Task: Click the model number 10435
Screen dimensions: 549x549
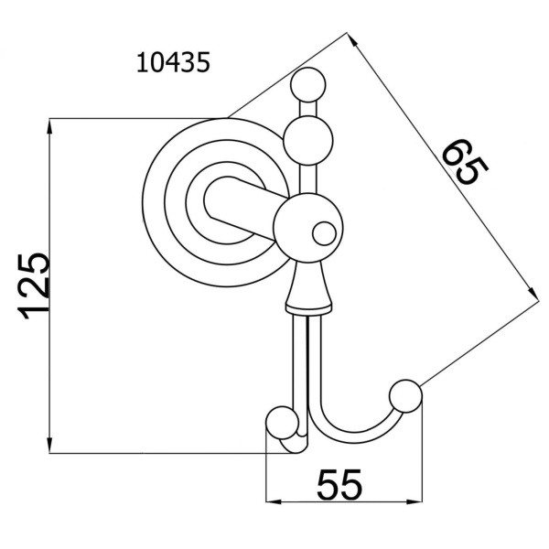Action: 173,62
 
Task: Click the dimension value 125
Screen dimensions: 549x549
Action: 34,286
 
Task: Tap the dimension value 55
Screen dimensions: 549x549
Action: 339,484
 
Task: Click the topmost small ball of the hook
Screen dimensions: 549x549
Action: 308,85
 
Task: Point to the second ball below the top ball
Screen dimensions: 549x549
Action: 308,141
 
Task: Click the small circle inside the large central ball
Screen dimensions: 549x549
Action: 324,233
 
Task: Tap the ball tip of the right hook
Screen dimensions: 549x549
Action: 405,396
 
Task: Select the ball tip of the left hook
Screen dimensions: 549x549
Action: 282,423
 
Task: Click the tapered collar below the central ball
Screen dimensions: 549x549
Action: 308,286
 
